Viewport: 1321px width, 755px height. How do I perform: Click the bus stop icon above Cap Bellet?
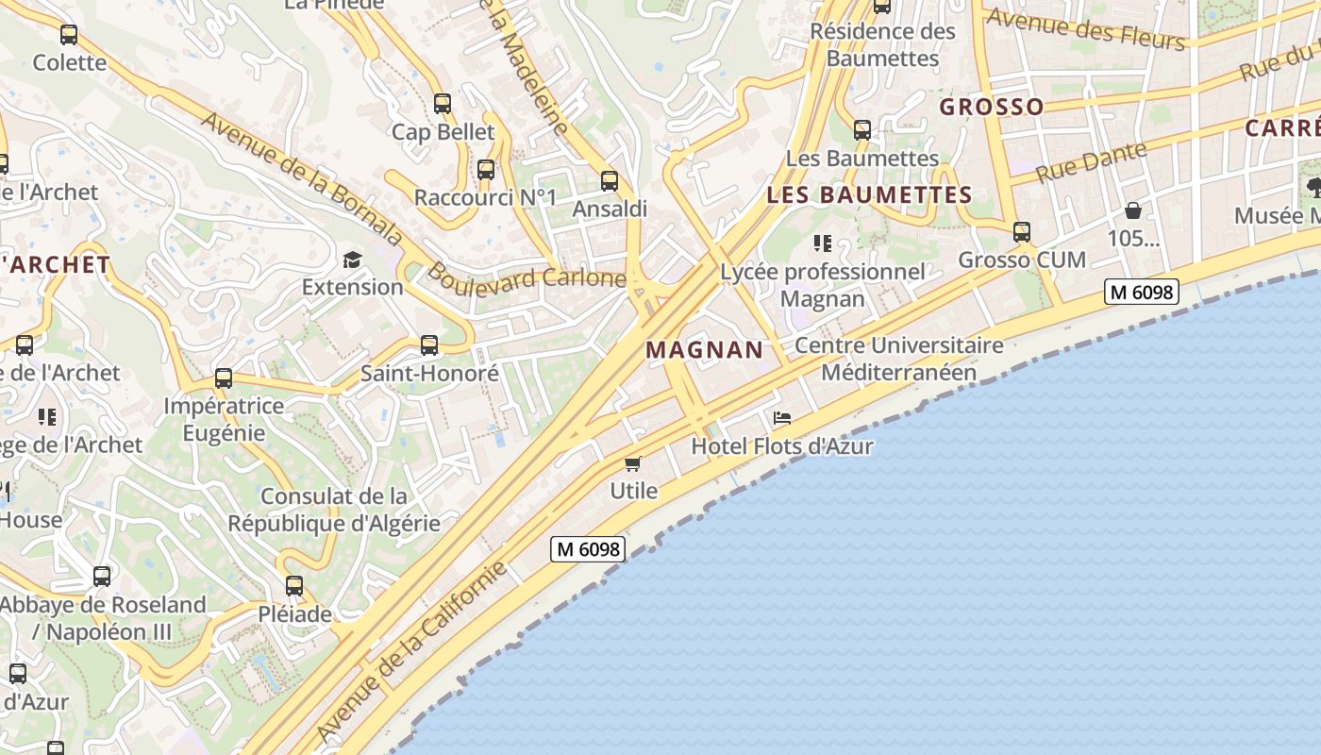[x=442, y=104]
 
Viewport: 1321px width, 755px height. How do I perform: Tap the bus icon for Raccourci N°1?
[x=486, y=170]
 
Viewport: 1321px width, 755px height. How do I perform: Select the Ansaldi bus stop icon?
[x=610, y=180]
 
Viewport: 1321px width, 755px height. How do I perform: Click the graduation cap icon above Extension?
[x=352, y=260]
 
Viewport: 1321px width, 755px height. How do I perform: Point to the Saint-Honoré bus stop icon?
[x=429, y=345]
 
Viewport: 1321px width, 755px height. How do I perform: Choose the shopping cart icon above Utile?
[x=633, y=463]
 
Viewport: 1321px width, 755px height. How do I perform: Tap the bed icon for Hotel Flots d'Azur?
[x=781, y=418]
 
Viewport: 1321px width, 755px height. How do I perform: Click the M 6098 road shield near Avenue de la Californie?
[x=588, y=548]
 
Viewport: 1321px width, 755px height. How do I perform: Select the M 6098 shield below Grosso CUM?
[x=1142, y=292]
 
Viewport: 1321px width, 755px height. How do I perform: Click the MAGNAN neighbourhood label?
[x=705, y=350]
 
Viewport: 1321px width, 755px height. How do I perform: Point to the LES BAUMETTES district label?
[x=869, y=195]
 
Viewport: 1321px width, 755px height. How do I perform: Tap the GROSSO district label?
[x=992, y=107]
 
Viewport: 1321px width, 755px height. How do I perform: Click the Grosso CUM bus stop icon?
[x=1021, y=231]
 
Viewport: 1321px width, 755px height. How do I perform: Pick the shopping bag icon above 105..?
[x=1132, y=210]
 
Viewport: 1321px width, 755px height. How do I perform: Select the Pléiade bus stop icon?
[x=294, y=586]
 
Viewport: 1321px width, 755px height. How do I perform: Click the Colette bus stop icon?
[x=69, y=35]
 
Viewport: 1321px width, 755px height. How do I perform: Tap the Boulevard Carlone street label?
[x=527, y=277]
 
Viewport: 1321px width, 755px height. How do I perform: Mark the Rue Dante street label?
[x=1090, y=162]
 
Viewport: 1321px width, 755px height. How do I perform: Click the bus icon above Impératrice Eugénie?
[x=224, y=378]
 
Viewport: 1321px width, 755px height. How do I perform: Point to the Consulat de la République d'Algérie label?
[x=334, y=510]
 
